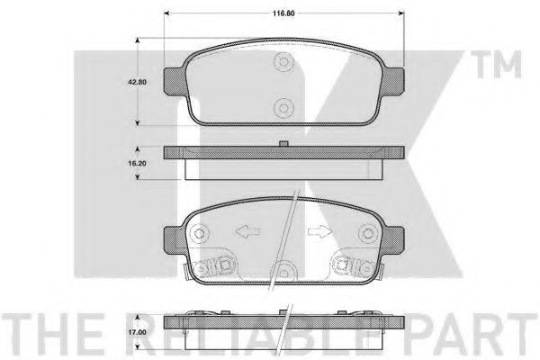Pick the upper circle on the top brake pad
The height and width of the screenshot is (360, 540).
[x=284, y=61]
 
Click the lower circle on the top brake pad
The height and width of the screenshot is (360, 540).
[x=284, y=104]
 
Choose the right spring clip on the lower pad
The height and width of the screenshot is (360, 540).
[x=353, y=265]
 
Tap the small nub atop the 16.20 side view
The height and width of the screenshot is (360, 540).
[x=283, y=141]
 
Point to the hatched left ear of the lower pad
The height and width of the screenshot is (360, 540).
[x=172, y=238]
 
